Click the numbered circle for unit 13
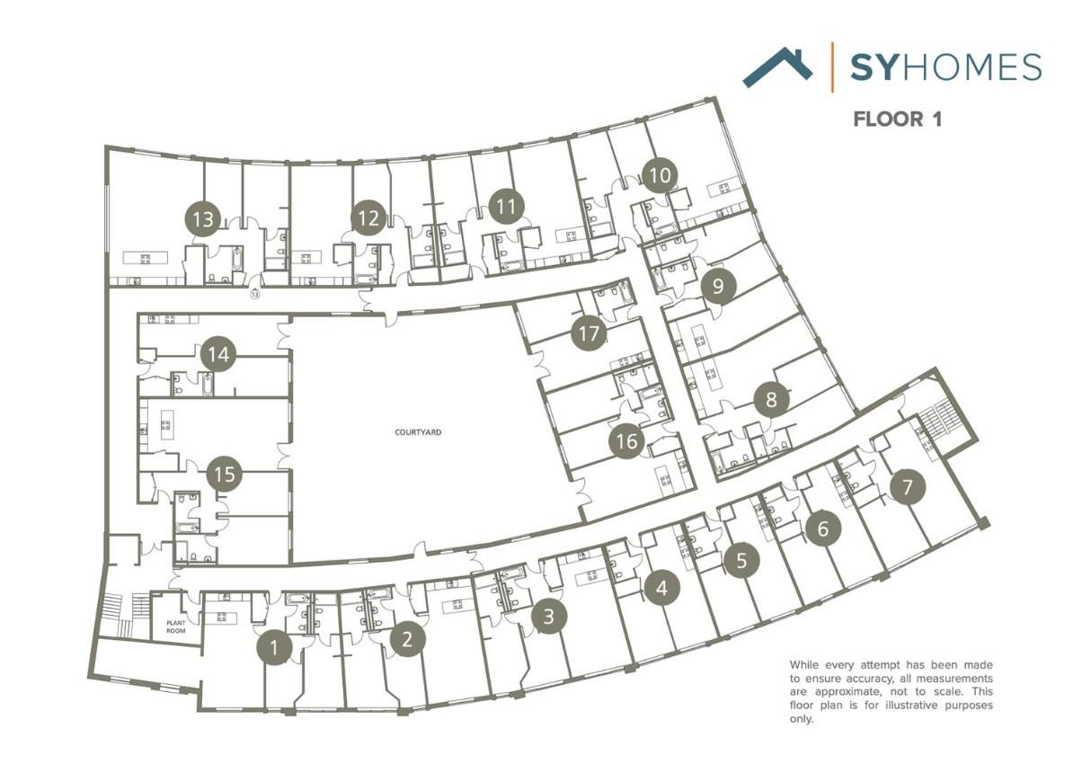click(x=204, y=218)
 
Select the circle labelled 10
click(x=660, y=175)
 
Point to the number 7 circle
click(x=907, y=488)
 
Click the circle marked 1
click(x=275, y=647)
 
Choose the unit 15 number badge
click(x=225, y=474)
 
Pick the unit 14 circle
click(x=218, y=354)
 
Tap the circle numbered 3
click(x=549, y=617)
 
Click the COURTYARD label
click(x=419, y=432)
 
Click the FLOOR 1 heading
click(x=897, y=119)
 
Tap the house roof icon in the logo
click(x=777, y=67)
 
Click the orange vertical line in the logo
click(x=831, y=67)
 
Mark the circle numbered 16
click(x=626, y=441)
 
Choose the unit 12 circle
click(x=368, y=218)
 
